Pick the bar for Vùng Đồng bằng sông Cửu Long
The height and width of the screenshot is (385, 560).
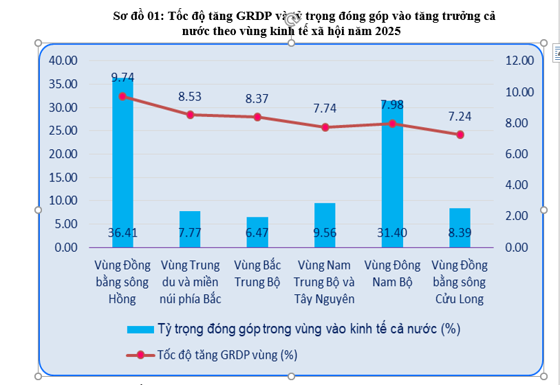(x=460, y=228)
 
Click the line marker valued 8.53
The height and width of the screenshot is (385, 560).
(x=190, y=115)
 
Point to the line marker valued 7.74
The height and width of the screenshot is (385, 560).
(x=325, y=127)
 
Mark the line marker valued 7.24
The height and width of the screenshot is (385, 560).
(x=460, y=135)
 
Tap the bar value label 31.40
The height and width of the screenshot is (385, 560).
(x=392, y=233)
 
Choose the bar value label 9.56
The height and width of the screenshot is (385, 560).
(x=325, y=233)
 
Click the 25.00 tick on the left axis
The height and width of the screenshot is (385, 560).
(x=64, y=131)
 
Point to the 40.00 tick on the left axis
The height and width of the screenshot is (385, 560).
(x=64, y=60)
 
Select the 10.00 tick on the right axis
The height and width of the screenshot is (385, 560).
(x=519, y=92)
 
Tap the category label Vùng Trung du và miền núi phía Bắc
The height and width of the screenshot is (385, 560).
(x=190, y=282)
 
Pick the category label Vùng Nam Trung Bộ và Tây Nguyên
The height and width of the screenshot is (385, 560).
(x=325, y=282)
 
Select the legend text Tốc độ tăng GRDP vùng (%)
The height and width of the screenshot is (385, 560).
(x=227, y=355)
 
